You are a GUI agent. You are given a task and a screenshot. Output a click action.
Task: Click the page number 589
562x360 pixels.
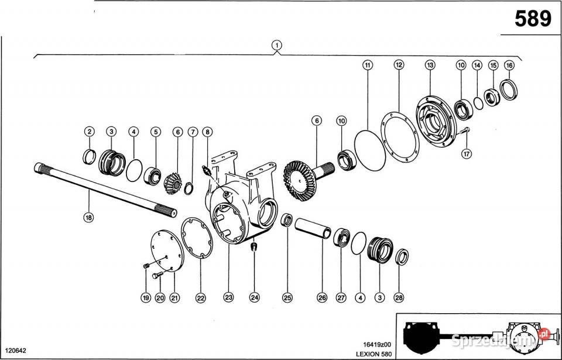pyautogui.click(x=532, y=19)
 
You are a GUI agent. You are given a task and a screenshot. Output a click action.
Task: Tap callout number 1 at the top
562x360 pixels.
pyautogui.click(x=276, y=44)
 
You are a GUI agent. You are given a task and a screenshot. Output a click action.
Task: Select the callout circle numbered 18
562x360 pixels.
pyautogui.click(x=88, y=217)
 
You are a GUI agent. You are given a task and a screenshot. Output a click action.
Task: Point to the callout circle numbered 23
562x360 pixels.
pyautogui.click(x=228, y=297)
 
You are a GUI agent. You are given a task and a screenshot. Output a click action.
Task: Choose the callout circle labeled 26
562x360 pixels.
pyautogui.click(x=321, y=297)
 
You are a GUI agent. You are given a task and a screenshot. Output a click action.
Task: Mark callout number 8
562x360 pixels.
pyautogui.click(x=207, y=132)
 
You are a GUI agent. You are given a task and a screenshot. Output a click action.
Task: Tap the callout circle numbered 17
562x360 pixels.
pyautogui.click(x=466, y=155)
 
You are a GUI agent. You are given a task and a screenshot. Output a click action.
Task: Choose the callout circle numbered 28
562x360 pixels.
pyautogui.click(x=399, y=297)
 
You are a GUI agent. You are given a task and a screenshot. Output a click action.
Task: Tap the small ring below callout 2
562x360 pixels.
pyautogui.click(x=90, y=156)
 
